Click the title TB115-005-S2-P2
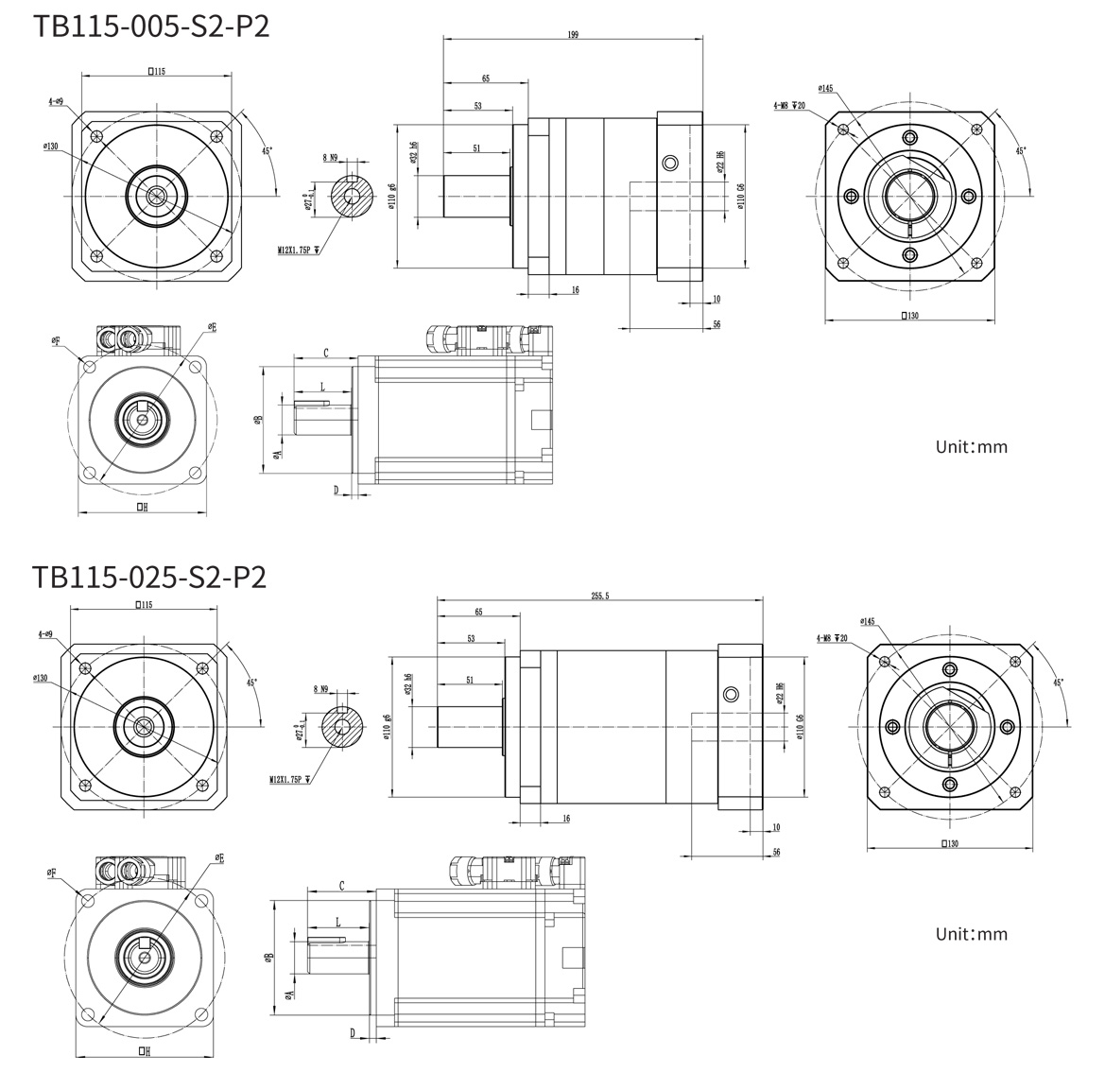coord(151,25)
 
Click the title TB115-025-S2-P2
coord(149,576)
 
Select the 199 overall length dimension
coord(573,34)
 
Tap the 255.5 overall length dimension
coord(599,596)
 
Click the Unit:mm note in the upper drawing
coord(971,446)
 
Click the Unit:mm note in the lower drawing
coord(971,934)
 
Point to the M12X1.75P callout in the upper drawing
coord(301,251)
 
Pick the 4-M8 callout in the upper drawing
coord(787,106)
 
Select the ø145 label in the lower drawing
coord(868,621)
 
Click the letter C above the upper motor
coord(325,353)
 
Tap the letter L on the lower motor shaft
coord(337,921)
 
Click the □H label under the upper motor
coord(142,507)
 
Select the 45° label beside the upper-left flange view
coord(267,150)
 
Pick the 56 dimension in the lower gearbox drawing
coord(776,852)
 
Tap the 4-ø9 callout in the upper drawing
coord(56,100)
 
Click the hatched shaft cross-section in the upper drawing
coord(351,196)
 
